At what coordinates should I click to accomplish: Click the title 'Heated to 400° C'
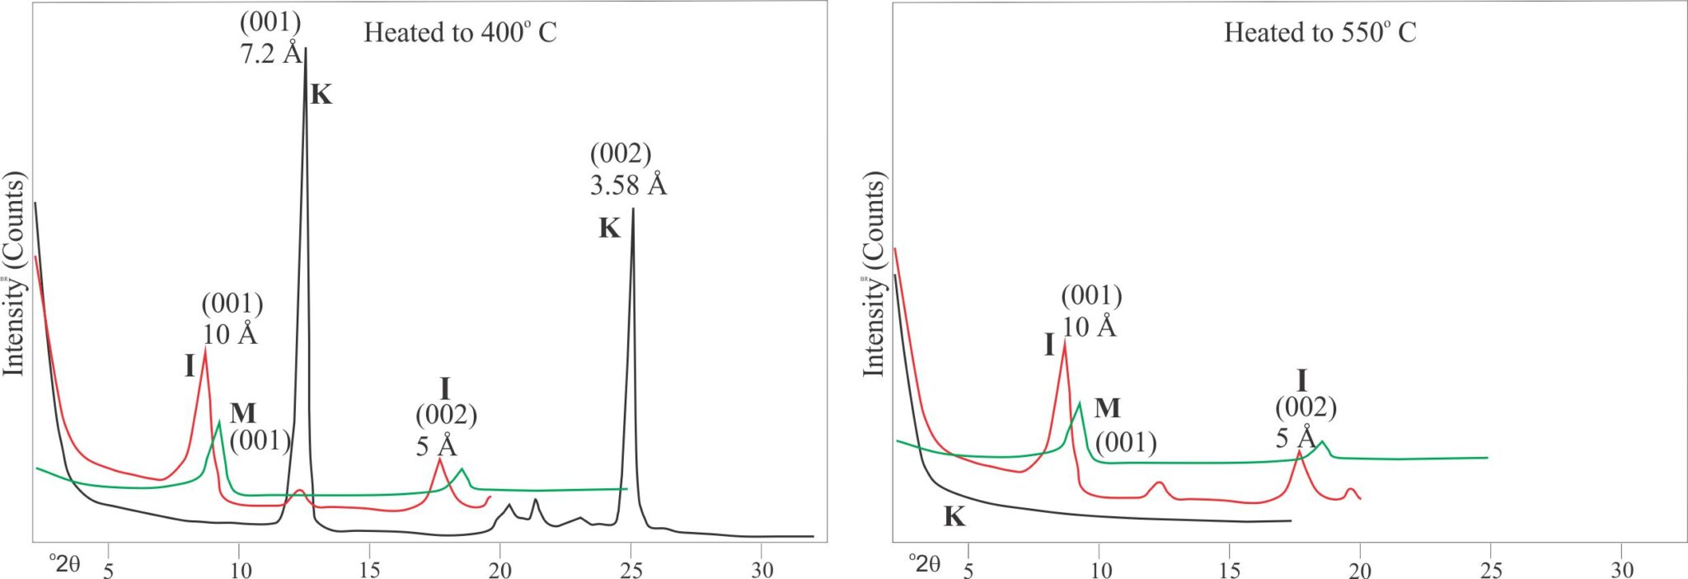click(460, 33)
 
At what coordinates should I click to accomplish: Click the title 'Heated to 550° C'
click(1320, 33)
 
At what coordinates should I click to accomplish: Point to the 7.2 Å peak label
click(271, 54)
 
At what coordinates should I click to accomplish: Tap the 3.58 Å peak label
click(628, 185)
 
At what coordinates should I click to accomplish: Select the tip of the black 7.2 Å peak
click(306, 48)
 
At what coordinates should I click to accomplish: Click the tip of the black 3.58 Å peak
click(633, 209)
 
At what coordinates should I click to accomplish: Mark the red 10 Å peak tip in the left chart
click(205, 349)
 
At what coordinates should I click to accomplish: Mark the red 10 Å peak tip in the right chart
click(1065, 341)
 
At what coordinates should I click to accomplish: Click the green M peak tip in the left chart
click(219, 422)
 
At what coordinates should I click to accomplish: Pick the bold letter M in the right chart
click(1107, 408)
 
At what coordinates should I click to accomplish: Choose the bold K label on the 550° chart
click(954, 517)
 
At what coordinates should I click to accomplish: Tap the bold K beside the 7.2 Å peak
click(321, 96)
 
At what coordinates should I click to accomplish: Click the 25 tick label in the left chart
click(631, 570)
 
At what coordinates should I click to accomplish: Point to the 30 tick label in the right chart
click(1621, 570)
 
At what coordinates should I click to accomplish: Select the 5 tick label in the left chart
click(108, 570)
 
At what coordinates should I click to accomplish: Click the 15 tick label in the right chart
click(1229, 570)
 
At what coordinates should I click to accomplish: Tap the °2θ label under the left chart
click(64, 564)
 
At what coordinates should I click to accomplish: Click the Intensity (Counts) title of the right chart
click(873, 274)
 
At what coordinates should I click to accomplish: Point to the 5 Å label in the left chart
click(436, 446)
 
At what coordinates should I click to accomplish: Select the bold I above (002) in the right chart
click(1302, 381)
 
